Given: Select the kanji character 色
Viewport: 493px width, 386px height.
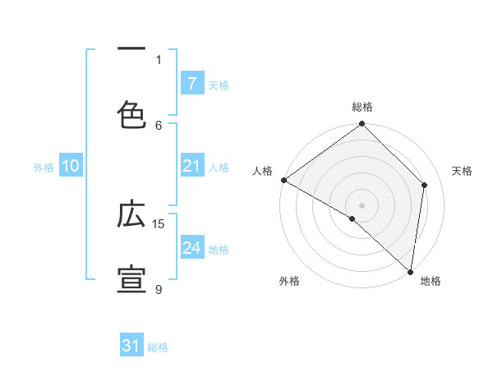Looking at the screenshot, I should click(131, 114).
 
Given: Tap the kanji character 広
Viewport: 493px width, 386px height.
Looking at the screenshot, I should click(131, 214).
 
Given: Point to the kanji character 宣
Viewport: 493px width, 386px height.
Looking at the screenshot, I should click(131, 279).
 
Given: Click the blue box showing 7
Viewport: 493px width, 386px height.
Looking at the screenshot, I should click(191, 83).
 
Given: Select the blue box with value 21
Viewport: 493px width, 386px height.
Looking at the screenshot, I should click(191, 166).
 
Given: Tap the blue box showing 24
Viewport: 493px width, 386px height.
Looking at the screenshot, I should click(191, 248).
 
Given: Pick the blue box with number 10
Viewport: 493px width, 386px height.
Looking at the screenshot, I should click(71, 166).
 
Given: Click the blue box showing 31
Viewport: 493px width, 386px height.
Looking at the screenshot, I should click(131, 346).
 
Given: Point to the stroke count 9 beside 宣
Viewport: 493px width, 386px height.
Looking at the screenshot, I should click(159, 289).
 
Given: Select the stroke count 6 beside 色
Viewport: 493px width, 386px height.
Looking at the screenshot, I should click(159, 125).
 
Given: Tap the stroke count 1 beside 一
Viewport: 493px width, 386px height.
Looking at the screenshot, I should click(159, 59).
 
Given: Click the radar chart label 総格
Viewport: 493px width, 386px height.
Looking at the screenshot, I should click(362, 107).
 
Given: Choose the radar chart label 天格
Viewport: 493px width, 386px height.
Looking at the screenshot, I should click(463, 171).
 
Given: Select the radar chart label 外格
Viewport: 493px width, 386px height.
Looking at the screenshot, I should click(288, 281).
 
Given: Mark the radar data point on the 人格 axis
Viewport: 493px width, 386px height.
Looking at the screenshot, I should click(283, 180).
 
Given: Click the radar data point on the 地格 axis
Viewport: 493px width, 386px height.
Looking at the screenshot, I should click(410, 271).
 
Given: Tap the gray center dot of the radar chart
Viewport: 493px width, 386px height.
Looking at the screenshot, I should click(362, 204).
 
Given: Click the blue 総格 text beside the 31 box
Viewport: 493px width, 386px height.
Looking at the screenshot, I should click(158, 347).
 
